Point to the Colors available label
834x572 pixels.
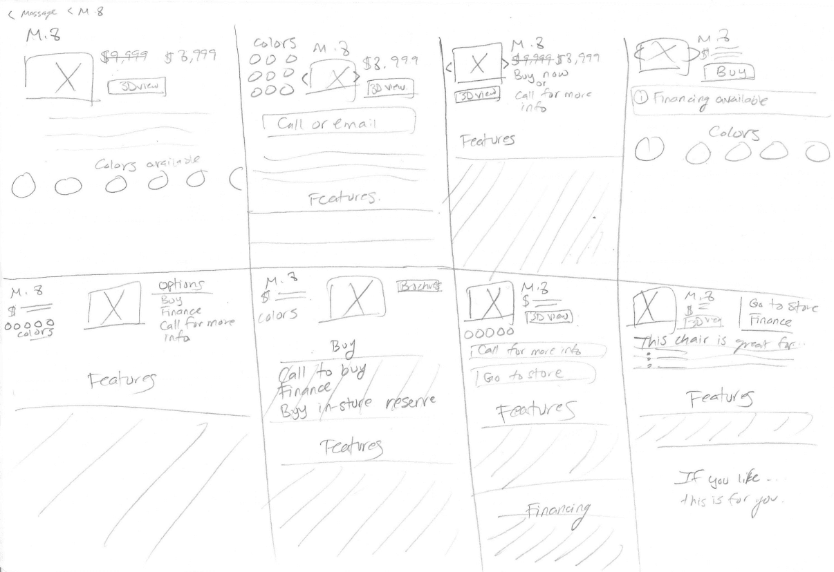[x=147, y=163]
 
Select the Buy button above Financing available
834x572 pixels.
[x=728, y=73]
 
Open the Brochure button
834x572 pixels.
[x=419, y=285]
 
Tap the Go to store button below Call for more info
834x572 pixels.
[x=532, y=374]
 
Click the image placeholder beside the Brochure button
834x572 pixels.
[x=356, y=299]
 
